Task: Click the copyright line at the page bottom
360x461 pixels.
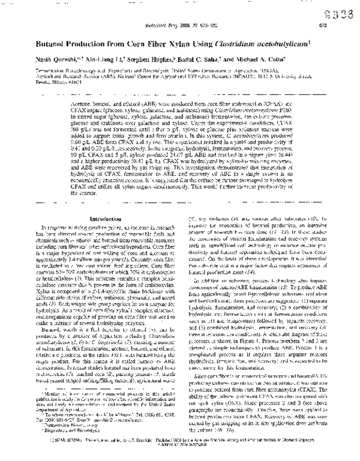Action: coord(180,439)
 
